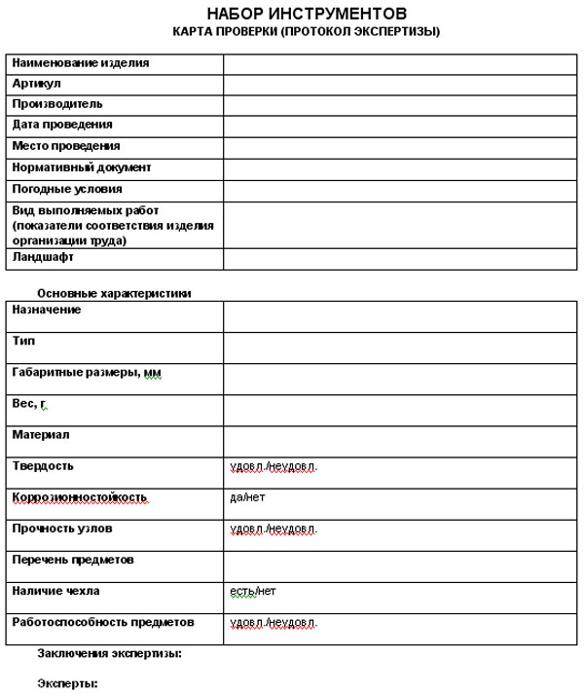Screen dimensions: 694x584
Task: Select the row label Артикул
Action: pyautogui.click(x=37, y=84)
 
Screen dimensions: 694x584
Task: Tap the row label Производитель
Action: pyautogui.click(x=57, y=104)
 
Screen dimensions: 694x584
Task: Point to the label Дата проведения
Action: pyautogui.click(x=62, y=125)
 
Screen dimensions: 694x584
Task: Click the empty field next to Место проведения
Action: pyautogui.click(x=399, y=146)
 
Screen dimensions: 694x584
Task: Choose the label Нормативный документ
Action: pyautogui.click(x=81, y=167)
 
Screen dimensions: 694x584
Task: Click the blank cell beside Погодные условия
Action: pyautogui.click(x=399, y=189)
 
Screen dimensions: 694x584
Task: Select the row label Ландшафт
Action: pyautogui.click(x=43, y=258)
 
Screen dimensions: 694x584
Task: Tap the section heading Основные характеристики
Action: pyautogui.click(x=114, y=293)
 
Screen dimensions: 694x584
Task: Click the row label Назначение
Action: pyautogui.click(x=47, y=310)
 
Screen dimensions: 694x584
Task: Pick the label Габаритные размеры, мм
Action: pyautogui.click(x=87, y=373)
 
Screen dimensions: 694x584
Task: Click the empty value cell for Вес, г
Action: pyautogui.click(x=399, y=410)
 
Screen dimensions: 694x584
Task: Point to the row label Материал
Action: pyautogui.click(x=41, y=435)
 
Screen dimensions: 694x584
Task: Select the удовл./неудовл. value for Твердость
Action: pyautogui.click(x=274, y=466)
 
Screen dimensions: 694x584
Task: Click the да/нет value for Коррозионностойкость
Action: pyautogui.click(x=247, y=497)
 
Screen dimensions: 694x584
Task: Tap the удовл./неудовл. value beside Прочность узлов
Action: pyautogui.click(x=274, y=529)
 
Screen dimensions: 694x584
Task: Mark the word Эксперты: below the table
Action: pyautogui.click(x=67, y=683)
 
